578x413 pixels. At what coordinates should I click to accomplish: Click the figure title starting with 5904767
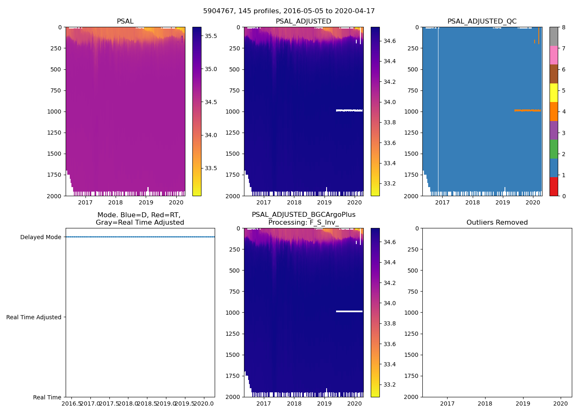pyautogui.click(x=289, y=11)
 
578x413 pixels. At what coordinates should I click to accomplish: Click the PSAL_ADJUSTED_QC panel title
pyautogui.click(x=482, y=21)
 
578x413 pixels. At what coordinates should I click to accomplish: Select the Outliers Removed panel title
pyautogui.click(x=497, y=223)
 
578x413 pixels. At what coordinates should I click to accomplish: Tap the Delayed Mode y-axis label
pyautogui.click(x=40, y=237)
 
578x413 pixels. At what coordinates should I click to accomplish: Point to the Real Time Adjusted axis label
pyautogui.click(x=34, y=317)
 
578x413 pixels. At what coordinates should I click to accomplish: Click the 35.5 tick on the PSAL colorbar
pyautogui.click(x=211, y=36)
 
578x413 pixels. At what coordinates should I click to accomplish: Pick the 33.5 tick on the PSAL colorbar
pyautogui.click(x=211, y=168)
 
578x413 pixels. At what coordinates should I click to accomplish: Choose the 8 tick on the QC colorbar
pyautogui.click(x=564, y=27)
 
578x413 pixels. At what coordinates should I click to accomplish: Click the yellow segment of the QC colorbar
pyautogui.click(x=554, y=93)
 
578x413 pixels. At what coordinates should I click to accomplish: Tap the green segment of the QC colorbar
pyautogui.click(x=554, y=149)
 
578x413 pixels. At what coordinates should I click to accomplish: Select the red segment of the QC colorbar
pyautogui.click(x=554, y=187)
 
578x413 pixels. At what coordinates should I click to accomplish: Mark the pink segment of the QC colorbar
pyautogui.click(x=554, y=55)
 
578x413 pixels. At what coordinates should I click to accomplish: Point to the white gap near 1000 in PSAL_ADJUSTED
pyautogui.click(x=349, y=110)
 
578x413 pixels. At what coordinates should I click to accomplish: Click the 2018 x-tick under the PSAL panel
pyautogui.click(x=116, y=202)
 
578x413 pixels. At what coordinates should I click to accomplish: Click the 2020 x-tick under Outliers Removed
pyautogui.click(x=561, y=404)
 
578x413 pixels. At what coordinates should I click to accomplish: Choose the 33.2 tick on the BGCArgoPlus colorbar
pyautogui.click(x=389, y=385)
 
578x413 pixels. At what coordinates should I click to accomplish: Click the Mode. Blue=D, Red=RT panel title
pyautogui.click(x=140, y=218)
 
